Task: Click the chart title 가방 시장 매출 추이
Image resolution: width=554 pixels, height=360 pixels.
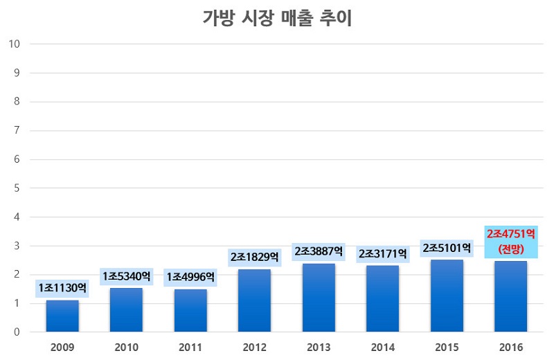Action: [x=277, y=18]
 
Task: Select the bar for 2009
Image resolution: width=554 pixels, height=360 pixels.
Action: [x=62, y=316]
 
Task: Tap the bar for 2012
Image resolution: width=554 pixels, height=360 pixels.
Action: [x=254, y=300]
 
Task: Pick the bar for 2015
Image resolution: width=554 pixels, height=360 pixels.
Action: [x=447, y=296]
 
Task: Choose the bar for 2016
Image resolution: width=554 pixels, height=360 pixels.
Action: [x=511, y=296]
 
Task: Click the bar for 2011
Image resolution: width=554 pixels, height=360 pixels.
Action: [x=190, y=310]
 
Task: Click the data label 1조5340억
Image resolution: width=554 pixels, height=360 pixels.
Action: [x=126, y=276]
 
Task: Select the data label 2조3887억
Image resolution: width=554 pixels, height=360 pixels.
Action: [x=319, y=251]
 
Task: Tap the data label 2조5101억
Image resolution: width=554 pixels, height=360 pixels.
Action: [x=447, y=247]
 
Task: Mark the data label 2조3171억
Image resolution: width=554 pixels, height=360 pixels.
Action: [x=383, y=254]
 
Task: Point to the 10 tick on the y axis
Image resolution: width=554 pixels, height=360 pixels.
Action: [x=14, y=44]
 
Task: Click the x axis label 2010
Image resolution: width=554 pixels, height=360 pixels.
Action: [x=126, y=346]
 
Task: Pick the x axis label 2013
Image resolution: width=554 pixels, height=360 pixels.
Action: [x=319, y=346]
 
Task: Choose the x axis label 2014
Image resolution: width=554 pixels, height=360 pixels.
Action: [x=383, y=346]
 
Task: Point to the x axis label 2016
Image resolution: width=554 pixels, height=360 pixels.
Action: [x=511, y=346]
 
